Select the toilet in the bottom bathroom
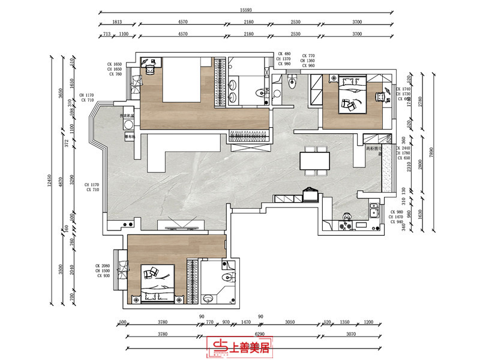click(226, 275)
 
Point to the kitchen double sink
click(374, 211)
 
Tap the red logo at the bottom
click(240, 346)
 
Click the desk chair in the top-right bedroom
click(379, 97)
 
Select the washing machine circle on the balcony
click(128, 125)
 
